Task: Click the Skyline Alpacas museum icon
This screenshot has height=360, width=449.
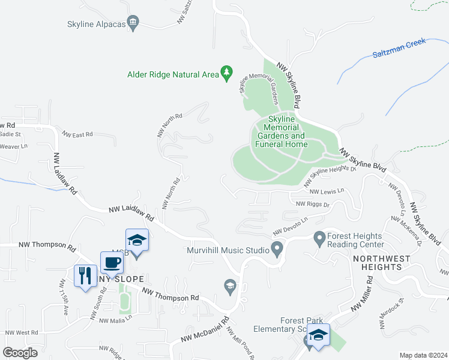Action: [x=133, y=24]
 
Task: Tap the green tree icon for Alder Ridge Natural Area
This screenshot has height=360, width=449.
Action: [x=226, y=74]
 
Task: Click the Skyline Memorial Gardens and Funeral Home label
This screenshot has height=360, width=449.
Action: [x=281, y=132]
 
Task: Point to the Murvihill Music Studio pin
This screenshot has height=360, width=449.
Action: [x=277, y=248]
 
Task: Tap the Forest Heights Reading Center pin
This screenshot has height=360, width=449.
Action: [x=319, y=239]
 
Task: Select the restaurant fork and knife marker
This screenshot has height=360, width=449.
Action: [x=84, y=276]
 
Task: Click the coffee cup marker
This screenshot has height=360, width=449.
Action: [x=112, y=263]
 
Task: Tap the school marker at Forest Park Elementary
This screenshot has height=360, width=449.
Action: [x=318, y=335]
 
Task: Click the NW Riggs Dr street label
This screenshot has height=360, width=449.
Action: [x=313, y=205]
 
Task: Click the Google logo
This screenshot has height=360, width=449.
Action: [x=20, y=353]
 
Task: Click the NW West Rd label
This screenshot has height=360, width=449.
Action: [x=22, y=332]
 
